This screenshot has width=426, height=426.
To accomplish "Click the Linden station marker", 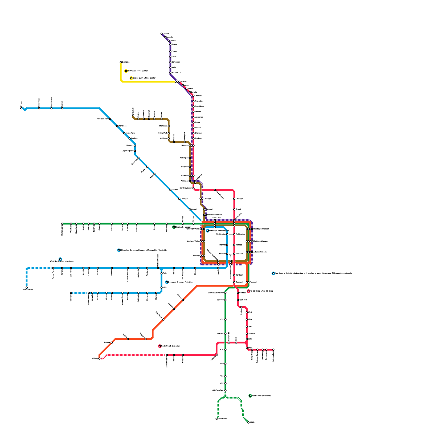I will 162,34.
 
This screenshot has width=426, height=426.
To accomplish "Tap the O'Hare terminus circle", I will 21,108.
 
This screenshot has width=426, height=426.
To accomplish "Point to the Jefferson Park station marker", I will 110,119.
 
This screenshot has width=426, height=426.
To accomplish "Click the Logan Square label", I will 128,151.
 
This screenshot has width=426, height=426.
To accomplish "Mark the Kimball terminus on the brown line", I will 133,116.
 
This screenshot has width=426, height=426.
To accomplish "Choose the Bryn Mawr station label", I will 199,106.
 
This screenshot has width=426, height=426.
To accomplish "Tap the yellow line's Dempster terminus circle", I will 121,62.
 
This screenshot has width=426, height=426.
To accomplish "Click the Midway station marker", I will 99,359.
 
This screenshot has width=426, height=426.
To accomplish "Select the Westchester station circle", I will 27,288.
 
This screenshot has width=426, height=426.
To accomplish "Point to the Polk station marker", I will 162,273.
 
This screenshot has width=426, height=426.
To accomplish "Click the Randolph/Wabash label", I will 261,229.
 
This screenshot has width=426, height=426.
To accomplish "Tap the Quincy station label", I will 196,256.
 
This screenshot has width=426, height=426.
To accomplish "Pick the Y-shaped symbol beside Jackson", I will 231,255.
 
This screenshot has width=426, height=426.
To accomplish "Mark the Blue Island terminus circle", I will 216,419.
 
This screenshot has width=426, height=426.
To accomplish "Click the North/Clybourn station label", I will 186,188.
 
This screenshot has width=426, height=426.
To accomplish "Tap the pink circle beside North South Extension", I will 160,346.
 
